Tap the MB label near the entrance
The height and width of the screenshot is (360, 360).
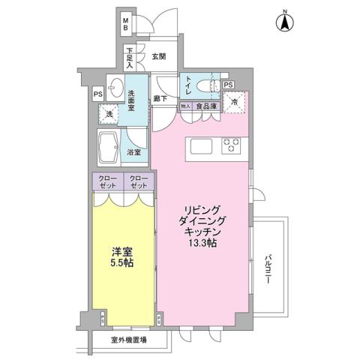coord(126,23)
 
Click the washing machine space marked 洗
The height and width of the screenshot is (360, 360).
coord(110,114)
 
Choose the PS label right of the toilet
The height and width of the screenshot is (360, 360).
coord(228,84)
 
